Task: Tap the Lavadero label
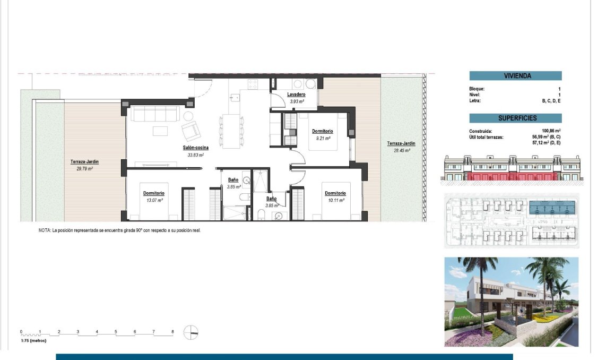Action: [297, 95]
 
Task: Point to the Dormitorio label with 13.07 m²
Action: [154, 193]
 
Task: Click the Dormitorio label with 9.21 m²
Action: [322, 131]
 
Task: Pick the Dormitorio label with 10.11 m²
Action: [335, 193]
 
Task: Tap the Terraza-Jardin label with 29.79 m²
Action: [84, 162]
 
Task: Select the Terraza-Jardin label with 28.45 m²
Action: [401, 143]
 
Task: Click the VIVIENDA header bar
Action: [515, 76]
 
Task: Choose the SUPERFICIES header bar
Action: [515, 118]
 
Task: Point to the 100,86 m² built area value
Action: [550, 131]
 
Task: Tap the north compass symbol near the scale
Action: [191, 332]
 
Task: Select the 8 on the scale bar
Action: [172, 332]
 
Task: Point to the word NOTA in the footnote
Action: [45, 230]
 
